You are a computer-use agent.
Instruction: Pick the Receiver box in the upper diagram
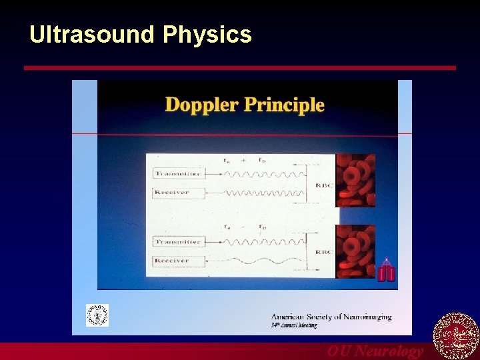pyautogui.click(x=173, y=193)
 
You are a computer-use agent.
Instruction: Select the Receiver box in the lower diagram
pyautogui.click(x=173, y=261)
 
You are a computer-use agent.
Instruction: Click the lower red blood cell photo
pyautogui.click(x=355, y=251)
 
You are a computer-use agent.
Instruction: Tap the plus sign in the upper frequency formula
pyautogui.click(x=244, y=160)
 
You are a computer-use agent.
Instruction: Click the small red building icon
pyautogui.click(x=386, y=271)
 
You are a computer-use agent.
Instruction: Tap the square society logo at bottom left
pyautogui.click(x=97, y=315)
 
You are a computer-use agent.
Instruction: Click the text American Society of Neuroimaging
pyautogui.click(x=331, y=317)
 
